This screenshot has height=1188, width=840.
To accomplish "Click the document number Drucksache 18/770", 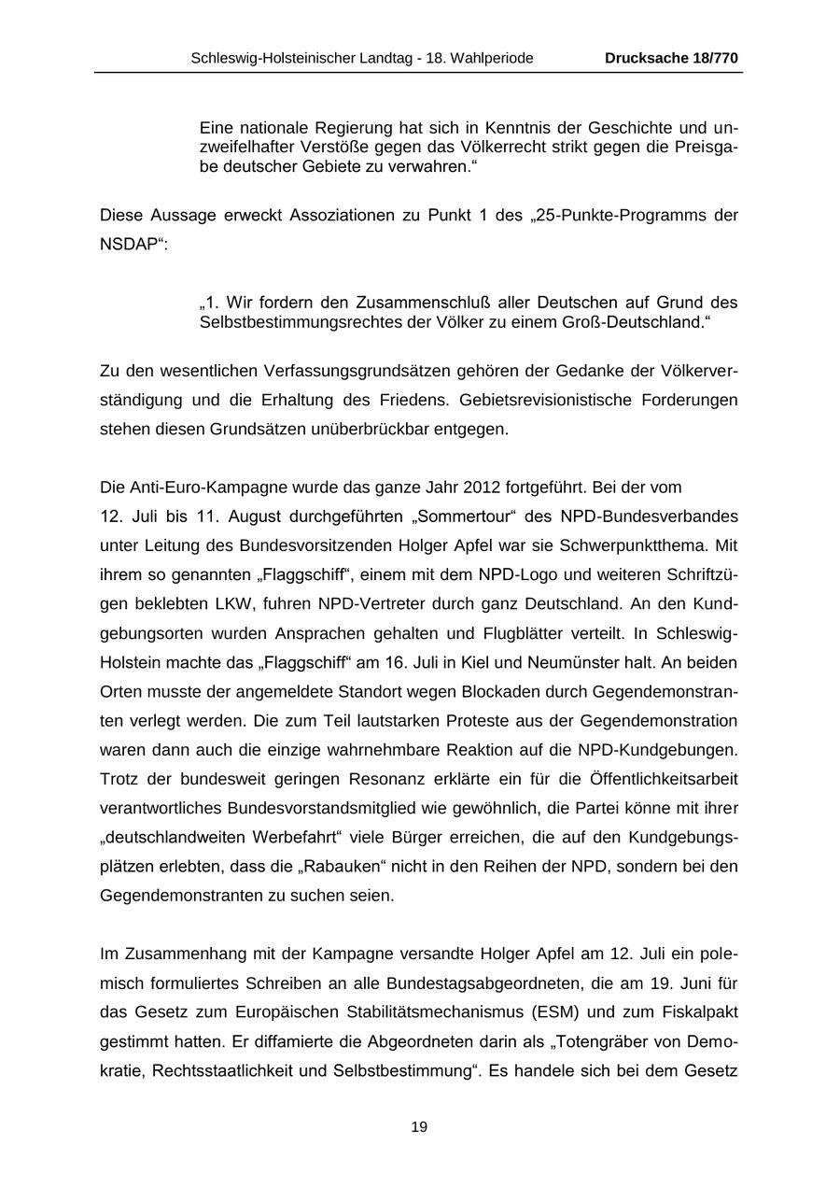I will (671, 58).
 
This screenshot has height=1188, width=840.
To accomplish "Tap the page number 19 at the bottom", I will (419, 1127).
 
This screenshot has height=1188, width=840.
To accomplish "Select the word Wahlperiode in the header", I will (494, 58).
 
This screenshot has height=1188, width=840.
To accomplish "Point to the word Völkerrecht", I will (491, 148).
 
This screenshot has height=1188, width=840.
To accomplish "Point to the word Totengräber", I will (608, 1041).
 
